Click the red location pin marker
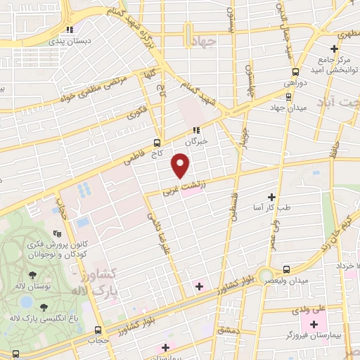181,166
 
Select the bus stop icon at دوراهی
295,71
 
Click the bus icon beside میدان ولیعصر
285,269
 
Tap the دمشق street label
229,330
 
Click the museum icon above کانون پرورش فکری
58,233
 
